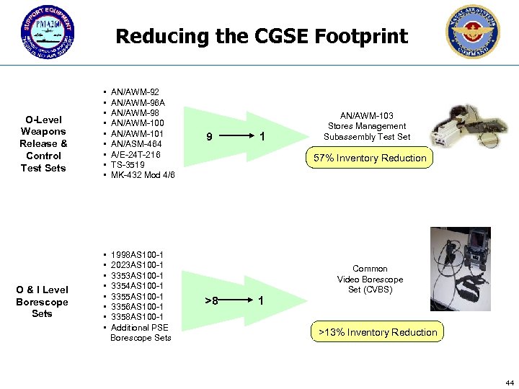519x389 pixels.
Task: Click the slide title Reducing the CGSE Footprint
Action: point(262,36)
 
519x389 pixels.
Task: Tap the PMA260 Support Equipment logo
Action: point(48,35)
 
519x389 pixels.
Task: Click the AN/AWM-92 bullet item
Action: point(135,92)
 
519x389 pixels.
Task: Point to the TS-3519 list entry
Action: point(128,165)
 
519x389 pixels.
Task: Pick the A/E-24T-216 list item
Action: point(136,155)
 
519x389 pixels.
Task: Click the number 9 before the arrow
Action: point(208,137)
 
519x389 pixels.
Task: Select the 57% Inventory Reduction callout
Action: point(370,158)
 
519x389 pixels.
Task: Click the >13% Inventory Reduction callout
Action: point(378,332)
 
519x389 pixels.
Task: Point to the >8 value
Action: point(210,300)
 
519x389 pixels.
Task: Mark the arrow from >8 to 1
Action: point(239,300)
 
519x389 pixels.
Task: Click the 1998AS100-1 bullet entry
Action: point(137,255)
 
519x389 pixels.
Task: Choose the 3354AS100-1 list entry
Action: point(137,286)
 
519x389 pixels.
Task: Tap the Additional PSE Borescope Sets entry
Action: point(141,332)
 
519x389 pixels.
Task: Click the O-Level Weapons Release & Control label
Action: point(43,143)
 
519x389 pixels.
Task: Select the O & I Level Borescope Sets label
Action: point(43,301)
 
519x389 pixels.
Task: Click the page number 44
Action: point(510,382)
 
